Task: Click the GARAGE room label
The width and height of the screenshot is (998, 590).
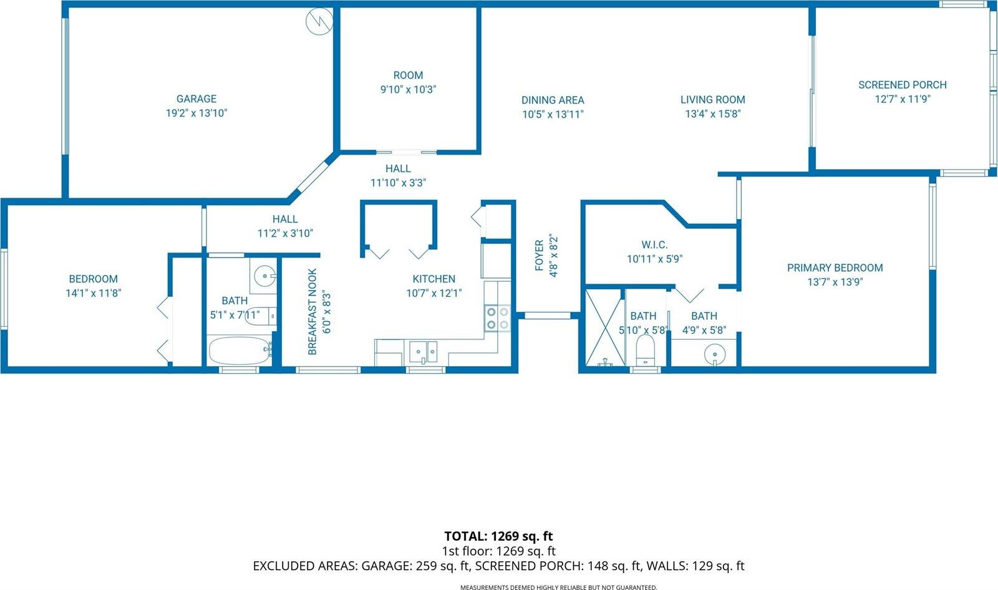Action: (x=196, y=99)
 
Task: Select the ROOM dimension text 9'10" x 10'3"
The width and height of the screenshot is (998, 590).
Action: (x=408, y=89)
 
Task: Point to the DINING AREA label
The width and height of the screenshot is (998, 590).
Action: (x=553, y=100)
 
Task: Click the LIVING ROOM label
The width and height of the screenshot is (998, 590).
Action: (x=712, y=99)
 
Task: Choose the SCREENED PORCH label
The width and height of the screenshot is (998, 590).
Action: (x=902, y=85)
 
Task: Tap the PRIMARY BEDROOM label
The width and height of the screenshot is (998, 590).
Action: (x=835, y=268)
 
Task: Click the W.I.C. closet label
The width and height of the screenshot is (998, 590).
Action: (x=654, y=244)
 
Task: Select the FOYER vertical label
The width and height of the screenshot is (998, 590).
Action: (x=540, y=256)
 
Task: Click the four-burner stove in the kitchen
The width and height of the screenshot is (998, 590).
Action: (x=498, y=317)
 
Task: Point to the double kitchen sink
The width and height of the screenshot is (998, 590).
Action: (x=424, y=352)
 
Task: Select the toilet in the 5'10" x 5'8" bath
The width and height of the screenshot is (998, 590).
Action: (x=644, y=351)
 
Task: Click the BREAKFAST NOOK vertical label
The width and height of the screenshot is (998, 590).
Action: (x=313, y=312)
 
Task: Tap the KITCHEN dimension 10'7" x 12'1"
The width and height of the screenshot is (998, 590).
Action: (x=434, y=293)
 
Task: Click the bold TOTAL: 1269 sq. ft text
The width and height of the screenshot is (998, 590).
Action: (x=498, y=536)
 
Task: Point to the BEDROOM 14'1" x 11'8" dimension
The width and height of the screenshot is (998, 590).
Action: (x=93, y=293)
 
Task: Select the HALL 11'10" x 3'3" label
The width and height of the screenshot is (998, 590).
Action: (x=398, y=168)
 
